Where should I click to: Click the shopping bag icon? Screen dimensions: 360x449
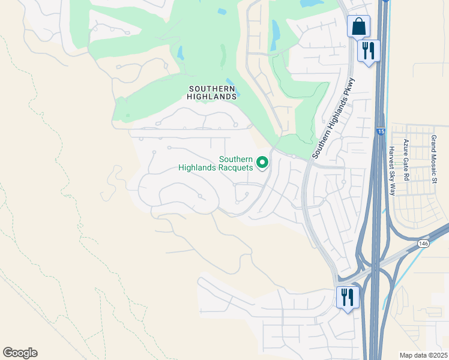(358, 27)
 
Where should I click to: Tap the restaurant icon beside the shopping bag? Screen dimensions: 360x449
(368, 50)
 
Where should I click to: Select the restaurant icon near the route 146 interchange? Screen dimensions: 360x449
(347, 297)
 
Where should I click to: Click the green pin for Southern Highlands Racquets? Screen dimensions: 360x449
(262, 163)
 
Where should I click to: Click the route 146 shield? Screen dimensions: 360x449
(424, 244)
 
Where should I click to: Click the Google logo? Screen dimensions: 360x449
(20, 353)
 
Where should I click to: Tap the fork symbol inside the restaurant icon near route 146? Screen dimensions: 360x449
(344, 296)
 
